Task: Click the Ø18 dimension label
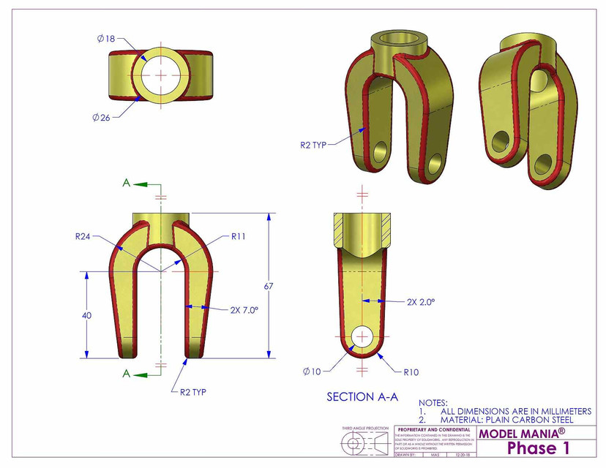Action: pyautogui.click(x=105, y=38)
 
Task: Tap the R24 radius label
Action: pyautogui.click(x=83, y=236)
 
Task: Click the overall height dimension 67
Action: pyautogui.click(x=269, y=286)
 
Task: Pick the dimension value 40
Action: pyautogui.click(x=86, y=315)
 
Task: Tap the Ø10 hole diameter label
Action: pyautogui.click(x=312, y=371)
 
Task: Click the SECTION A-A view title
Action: pyautogui.click(x=362, y=397)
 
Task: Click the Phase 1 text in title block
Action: pyautogui.click(x=537, y=448)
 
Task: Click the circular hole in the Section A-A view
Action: pyautogui.click(x=362, y=336)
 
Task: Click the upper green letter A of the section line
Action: pyautogui.click(x=127, y=184)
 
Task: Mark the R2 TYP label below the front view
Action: pyautogui.click(x=193, y=392)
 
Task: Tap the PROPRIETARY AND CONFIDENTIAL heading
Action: pyautogui.click(x=435, y=429)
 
